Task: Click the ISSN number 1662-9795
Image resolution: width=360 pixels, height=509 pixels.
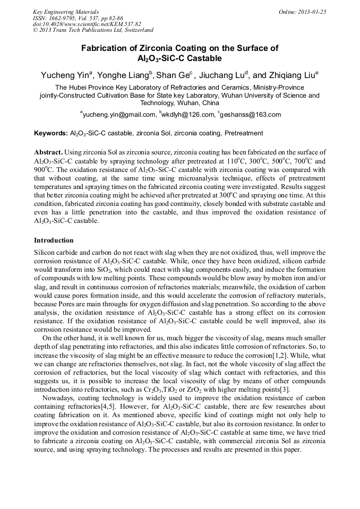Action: pos(70,18)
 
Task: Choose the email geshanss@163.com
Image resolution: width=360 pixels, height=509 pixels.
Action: pos(251,114)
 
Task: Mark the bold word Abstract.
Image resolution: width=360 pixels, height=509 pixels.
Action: pos(49,152)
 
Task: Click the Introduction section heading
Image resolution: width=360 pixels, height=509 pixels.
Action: pos(54,240)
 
